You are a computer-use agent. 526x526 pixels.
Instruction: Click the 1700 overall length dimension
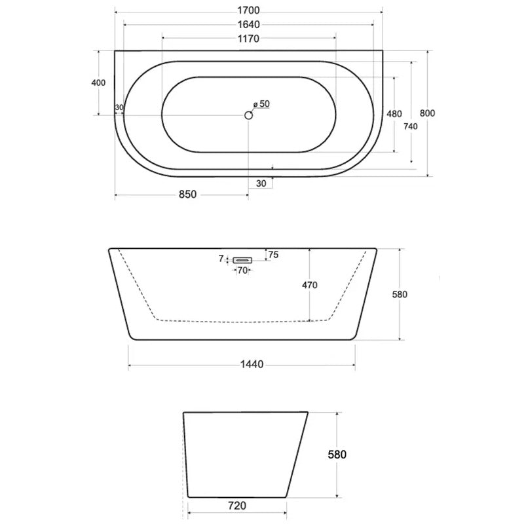click(x=248, y=10)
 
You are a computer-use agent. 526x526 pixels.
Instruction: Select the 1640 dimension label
click(x=248, y=24)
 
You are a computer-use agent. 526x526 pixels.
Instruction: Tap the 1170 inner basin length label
click(x=248, y=39)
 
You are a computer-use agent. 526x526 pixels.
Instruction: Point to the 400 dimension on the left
click(x=98, y=83)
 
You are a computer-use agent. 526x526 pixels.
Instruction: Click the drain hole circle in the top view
click(x=248, y=115)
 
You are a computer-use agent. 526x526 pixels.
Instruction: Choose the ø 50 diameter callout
click(x=261, y=104)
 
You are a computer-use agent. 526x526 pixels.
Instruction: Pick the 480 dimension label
click(x=394, y=114)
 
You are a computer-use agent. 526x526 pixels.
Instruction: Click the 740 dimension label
click(x=411, y=126)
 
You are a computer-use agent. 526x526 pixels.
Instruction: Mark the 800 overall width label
click(x=427, y=113)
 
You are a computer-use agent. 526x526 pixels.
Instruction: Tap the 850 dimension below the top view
click(x=187, y=195)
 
